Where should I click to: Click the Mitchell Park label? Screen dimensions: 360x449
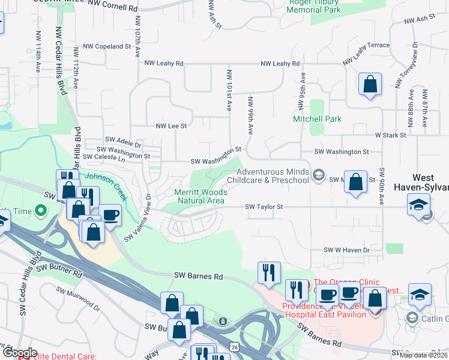[317, 119]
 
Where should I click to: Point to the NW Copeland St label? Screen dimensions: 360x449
[107, 46]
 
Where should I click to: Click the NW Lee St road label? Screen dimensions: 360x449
[171, 126]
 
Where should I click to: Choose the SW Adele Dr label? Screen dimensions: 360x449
[122, 145]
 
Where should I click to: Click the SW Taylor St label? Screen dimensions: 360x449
[264, 207]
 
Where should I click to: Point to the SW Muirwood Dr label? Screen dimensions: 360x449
[78, 298]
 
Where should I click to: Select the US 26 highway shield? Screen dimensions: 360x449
[234, 347]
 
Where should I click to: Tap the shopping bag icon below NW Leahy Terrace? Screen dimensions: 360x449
[370, 84]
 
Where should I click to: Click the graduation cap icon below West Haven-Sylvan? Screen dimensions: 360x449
[418, 205]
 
